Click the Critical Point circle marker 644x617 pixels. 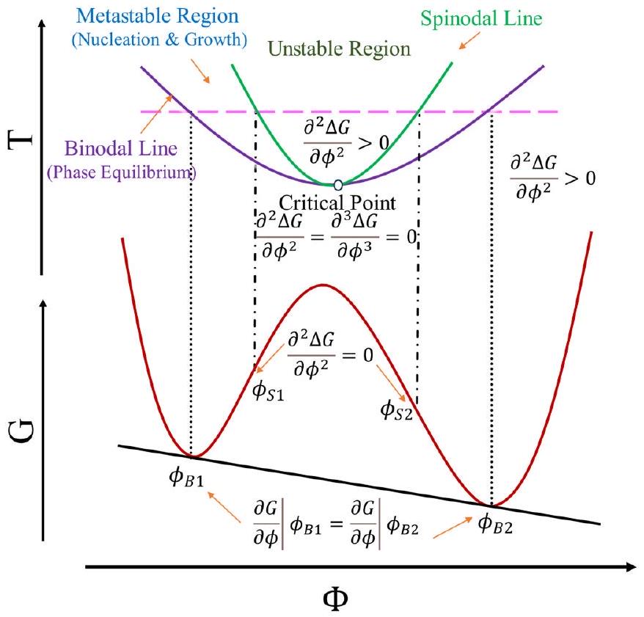click(x=337, y=184)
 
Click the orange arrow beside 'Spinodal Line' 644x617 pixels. click(x=465, y=43)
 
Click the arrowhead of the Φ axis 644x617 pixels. click(x=629, y=568)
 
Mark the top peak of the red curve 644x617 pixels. click(x=323, y=285)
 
